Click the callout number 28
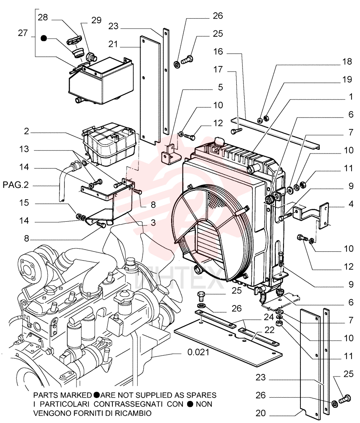pyautogui.click(x=43, y=17)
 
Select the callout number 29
pyautogui.click(x=96, y=20)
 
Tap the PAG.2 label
pyautogui.click(x=16, y=185)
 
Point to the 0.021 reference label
pyautogui.click(x=198, y=352)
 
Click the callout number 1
pyautogui.click(x=351, y=96)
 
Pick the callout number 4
pyautogui.click(x=351, y=204)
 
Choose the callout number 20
pyautogui.click(x=261, y=413)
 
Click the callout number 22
pyautogui.click(x=270, y=330)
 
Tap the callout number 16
pyautogui.click(x=218, y=52)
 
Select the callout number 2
pyautogui.click(x=26, y=132)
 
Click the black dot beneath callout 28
pyautogui.click(x=44, y=38)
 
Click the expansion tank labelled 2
pyautogui.click(x=109, y=144)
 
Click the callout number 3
pyautogui.click(x=153, y=222)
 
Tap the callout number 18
pyautogui.click(x=347, y=61)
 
